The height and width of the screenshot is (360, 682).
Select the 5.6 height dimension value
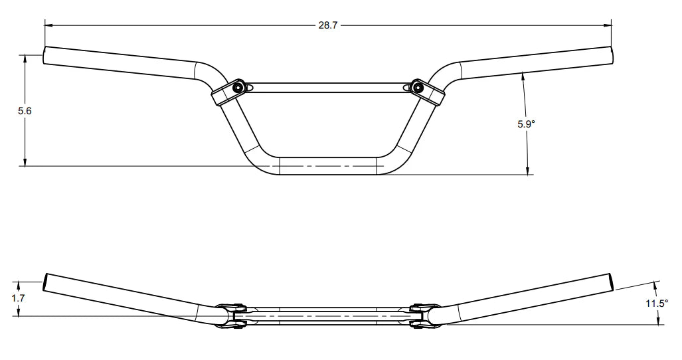coord(25,111)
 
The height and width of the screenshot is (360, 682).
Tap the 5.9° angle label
coord(527,123)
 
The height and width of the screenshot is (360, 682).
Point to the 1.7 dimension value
coord(19,298)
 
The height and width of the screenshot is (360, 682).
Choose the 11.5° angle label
coord(657,304)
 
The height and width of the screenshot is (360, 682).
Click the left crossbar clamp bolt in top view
coord(238,87)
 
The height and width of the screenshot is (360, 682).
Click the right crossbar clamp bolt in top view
coord(417,86)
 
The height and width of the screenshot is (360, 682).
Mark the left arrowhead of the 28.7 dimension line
coord(48,25)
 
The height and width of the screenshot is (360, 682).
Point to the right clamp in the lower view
coord(421,315)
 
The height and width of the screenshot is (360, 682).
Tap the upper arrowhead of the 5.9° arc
coord(524,75)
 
